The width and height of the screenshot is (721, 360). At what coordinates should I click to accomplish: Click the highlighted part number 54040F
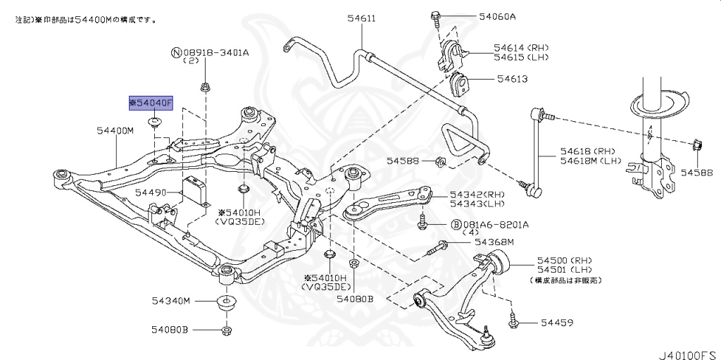(149, 103)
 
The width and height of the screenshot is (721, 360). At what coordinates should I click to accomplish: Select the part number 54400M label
(115, 130)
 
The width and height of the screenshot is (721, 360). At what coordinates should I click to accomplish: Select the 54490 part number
(150, 192)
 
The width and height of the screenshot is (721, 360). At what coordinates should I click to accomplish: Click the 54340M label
(170, 301)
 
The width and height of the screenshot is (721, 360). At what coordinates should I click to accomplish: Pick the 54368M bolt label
(494, 242)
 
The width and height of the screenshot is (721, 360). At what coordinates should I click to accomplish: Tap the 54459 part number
(556, 323)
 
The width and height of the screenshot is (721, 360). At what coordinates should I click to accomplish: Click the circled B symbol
(456, 224)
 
